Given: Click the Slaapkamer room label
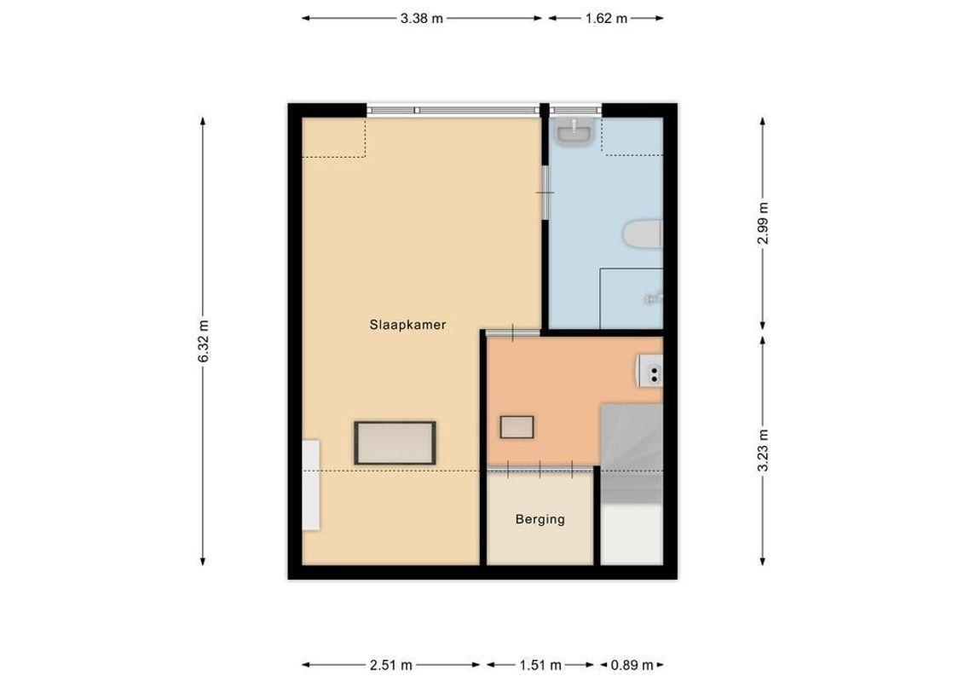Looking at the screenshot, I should (407, 325).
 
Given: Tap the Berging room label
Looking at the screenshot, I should (540, 519).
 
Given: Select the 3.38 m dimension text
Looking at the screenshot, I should (422, 18).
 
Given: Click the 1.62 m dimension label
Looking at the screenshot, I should (605, 18).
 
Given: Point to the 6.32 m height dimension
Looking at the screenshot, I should (203, 341).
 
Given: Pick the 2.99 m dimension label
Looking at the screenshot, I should (762, 223).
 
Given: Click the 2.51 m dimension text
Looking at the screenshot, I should (392, 665).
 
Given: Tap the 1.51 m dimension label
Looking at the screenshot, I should (540, 665).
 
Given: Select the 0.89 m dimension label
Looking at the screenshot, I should (632, 665).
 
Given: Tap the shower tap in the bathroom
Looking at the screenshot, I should (654, 298).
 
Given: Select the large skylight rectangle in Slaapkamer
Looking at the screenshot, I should (395, 442).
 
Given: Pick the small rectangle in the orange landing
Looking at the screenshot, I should (517, 427).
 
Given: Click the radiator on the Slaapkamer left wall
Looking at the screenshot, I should (311, 484).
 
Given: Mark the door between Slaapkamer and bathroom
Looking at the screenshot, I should (544, 192).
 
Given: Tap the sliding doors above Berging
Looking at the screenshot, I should (540, 467).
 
